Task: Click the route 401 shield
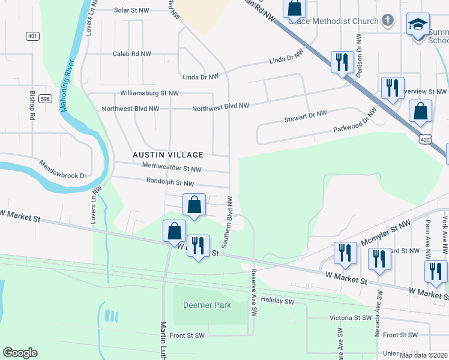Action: pos(32,36)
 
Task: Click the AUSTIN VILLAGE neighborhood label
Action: pos(168,155)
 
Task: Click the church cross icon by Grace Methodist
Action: pos(388,21)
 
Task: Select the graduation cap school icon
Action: pos(418,25)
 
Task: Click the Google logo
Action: pos(20,353)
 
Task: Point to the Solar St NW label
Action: pos(131,10)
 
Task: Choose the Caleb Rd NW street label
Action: pos(131,53)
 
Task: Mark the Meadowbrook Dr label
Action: pos(64,170)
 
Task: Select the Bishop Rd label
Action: pos(32,105)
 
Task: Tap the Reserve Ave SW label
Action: pos(254,293)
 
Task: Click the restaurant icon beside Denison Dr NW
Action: pos(342,61)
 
